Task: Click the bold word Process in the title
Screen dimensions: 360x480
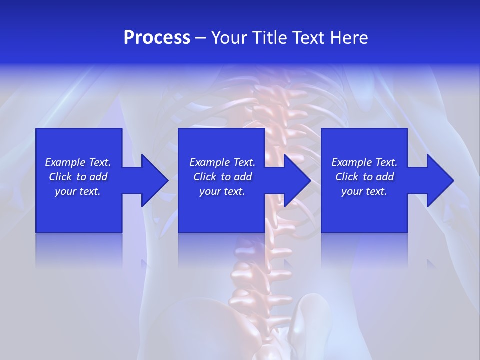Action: pos(157,38)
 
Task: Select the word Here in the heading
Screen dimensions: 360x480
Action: pos(348,38)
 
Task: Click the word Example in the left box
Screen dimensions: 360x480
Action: pos(65,162)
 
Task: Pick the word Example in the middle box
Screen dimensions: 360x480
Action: pos(209,162)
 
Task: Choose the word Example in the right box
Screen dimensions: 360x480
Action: pos(351,162)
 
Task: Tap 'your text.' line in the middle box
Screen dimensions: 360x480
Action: pos(222,191)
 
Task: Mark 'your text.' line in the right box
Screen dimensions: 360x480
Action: pos(364,191)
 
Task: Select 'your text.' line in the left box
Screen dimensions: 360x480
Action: pos(78,191)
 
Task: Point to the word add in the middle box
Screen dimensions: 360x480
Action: pos(243,177)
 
